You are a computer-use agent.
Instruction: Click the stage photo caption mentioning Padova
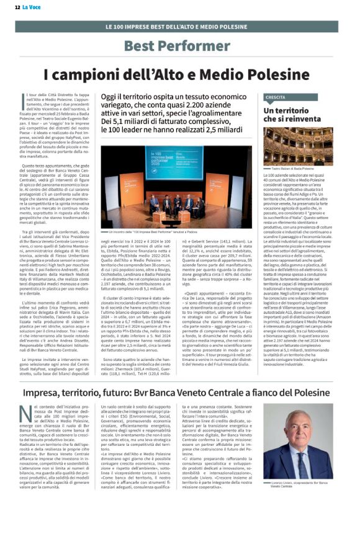152,231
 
